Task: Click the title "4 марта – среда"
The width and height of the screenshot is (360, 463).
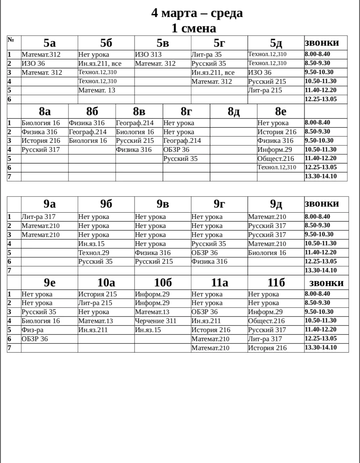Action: coord(197,13)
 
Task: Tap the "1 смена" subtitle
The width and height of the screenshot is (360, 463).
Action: coord(194,28)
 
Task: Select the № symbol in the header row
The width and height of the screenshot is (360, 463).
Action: coord(11,40)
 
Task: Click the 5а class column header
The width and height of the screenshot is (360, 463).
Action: coord(49,43)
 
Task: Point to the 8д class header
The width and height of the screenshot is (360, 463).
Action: coord(234,111)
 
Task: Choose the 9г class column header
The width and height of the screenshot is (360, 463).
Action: coord(219,204)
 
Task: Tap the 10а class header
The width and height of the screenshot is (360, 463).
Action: coord(106,283)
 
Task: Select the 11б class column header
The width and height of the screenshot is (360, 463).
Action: coord(276,283)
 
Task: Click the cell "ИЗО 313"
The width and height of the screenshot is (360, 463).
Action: coord(148,54)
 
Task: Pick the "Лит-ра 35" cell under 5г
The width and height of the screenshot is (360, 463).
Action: coord(206,54)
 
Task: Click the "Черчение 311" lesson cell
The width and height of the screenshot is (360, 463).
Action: coord(155,321)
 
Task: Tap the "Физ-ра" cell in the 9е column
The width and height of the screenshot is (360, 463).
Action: coord(32,330)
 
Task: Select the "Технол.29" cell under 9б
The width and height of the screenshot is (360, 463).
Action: coord(94,253)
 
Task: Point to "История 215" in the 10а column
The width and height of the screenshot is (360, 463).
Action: coord(97,294)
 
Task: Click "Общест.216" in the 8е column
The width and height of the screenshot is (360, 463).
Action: coord(276,159)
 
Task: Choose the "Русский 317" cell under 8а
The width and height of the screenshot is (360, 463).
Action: coord(41,150)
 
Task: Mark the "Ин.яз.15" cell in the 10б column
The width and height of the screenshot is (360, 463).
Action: coord(148,330)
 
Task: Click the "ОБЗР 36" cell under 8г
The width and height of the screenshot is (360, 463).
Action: coord(176,150)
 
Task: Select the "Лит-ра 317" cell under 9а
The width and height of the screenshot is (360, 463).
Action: coord(38,217)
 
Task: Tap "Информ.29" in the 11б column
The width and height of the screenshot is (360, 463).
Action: coord(265,312)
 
